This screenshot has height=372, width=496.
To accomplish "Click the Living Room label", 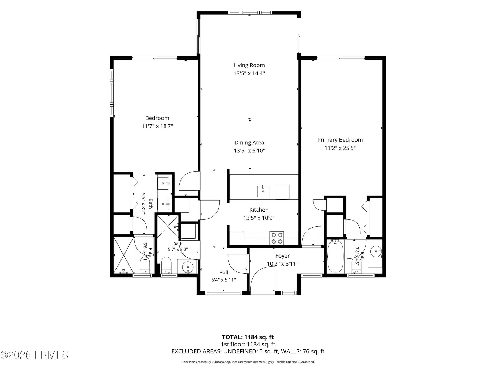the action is click(249, 65).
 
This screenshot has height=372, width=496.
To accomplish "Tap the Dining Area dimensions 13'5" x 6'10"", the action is click(249, 151).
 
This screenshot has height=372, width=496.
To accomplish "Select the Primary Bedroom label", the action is click(340, 140).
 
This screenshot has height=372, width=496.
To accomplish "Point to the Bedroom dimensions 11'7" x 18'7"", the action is click(157, 126).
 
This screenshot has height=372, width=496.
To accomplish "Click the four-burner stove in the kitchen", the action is click(277, 238).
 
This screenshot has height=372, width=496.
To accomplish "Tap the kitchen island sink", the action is click(263, 191).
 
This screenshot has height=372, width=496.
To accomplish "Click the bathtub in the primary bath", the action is click(335, 256).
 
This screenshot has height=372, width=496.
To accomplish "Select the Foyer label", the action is click(282, 256).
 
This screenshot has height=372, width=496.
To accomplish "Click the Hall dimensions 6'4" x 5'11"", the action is click(223, 280).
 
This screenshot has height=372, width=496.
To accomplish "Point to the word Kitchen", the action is click(259, 210).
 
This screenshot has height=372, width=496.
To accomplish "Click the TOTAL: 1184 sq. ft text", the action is click(248, 337).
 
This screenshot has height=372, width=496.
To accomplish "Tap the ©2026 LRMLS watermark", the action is click(34, 355).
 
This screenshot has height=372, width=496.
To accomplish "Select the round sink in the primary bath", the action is click(376, 251).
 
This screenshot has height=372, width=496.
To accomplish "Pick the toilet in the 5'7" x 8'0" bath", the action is click(166, 265).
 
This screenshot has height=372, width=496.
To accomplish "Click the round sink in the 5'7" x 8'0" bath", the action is click(188, 267).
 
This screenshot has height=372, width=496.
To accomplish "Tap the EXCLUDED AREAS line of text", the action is click(248, 351).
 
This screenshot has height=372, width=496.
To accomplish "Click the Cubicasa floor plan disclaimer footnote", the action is click(248, 362).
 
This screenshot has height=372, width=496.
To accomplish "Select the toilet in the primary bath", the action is click(356, 265).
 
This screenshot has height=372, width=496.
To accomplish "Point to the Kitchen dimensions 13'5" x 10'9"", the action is click(259, 218).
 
